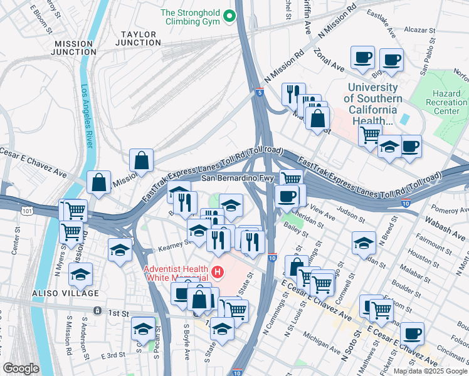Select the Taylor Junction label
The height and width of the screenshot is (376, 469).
139,38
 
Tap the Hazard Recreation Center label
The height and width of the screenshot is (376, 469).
446,102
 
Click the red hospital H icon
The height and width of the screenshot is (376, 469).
218,272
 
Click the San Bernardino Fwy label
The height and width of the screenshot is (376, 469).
239,178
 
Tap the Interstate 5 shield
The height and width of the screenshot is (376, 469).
260,93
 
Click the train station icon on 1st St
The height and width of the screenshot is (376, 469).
97,311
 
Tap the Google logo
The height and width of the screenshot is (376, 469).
21,368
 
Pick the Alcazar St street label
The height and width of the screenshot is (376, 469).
419,29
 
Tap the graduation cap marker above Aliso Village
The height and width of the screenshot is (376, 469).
80,274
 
